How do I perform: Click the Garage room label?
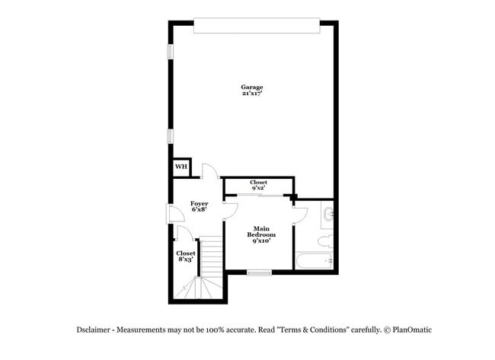253,90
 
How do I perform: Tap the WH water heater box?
180,167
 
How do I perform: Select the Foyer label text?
199,206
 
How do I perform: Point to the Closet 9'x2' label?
258,185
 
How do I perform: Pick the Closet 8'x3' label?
185,256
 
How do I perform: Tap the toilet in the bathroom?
324,241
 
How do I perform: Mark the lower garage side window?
170,135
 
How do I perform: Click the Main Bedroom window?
259,272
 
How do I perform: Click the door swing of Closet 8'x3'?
182,234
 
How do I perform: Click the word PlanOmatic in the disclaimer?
411,330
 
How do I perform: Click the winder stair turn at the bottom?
196,289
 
